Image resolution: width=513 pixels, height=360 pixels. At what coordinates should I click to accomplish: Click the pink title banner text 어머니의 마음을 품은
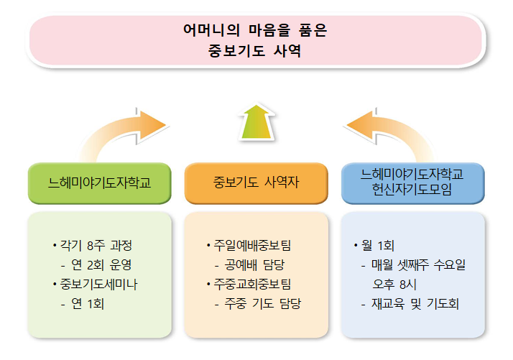(255, 30)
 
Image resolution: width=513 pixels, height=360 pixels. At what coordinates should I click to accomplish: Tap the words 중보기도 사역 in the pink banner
(254, 51)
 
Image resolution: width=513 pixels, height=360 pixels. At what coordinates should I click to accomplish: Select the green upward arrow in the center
(256, 122)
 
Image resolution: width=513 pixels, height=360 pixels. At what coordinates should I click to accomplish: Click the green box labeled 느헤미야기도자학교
(99, 183)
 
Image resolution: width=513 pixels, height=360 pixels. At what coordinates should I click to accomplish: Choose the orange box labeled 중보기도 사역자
(256, 183)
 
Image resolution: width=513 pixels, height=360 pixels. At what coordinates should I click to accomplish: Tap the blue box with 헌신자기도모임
(412, 183)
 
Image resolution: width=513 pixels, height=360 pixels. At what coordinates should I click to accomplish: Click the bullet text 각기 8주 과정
(93, 246)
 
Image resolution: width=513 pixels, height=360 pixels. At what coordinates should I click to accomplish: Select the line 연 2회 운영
(96, 264)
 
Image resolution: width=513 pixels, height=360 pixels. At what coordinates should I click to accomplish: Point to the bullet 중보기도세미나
(96, 285)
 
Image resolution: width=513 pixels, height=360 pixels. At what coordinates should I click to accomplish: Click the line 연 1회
(83, 304)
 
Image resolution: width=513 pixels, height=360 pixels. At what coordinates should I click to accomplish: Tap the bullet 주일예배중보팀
(249, 246)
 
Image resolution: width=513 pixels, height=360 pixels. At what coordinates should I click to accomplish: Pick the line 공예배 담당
(250, 264)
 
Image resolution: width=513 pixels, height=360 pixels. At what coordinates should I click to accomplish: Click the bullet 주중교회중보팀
(249, 285)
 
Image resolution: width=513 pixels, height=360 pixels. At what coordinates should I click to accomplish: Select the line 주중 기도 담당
(258, 304)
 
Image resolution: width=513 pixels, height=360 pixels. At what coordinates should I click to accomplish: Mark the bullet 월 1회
(374, 246)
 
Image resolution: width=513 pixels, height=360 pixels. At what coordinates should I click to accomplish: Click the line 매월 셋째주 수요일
(414, 264)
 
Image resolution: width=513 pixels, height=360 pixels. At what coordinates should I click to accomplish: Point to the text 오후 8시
(394, 285)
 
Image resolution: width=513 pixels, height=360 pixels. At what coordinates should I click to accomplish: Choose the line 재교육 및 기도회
(410, 304)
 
